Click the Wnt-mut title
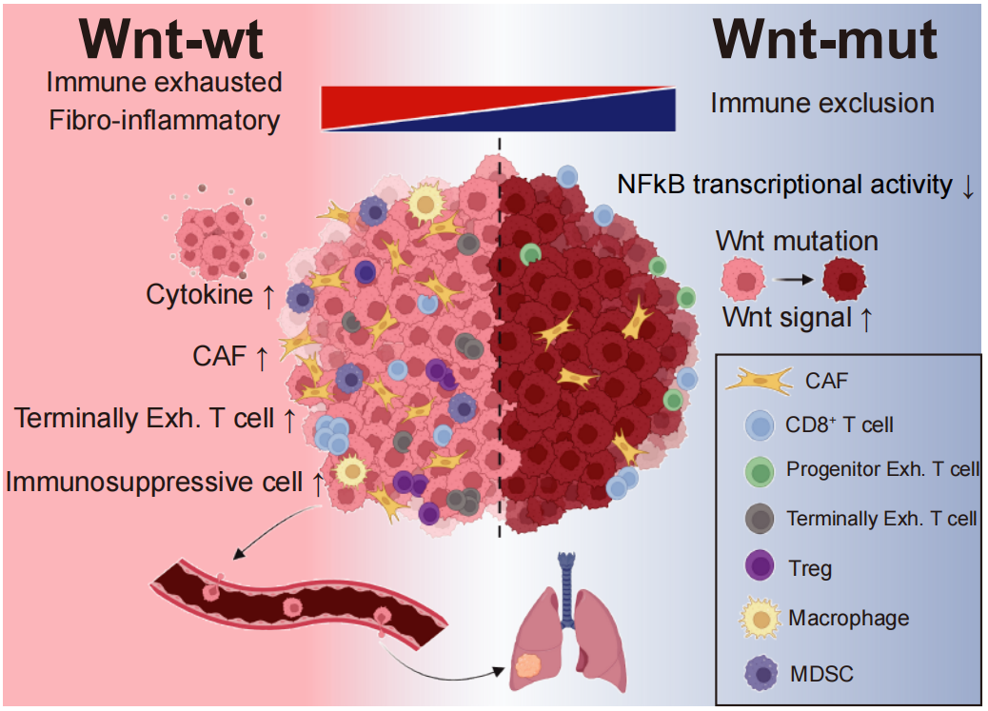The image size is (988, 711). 825,40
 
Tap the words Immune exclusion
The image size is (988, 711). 822,103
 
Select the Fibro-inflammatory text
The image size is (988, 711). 165,121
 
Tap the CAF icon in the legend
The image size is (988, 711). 760,381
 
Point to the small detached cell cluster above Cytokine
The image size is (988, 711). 215,232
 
